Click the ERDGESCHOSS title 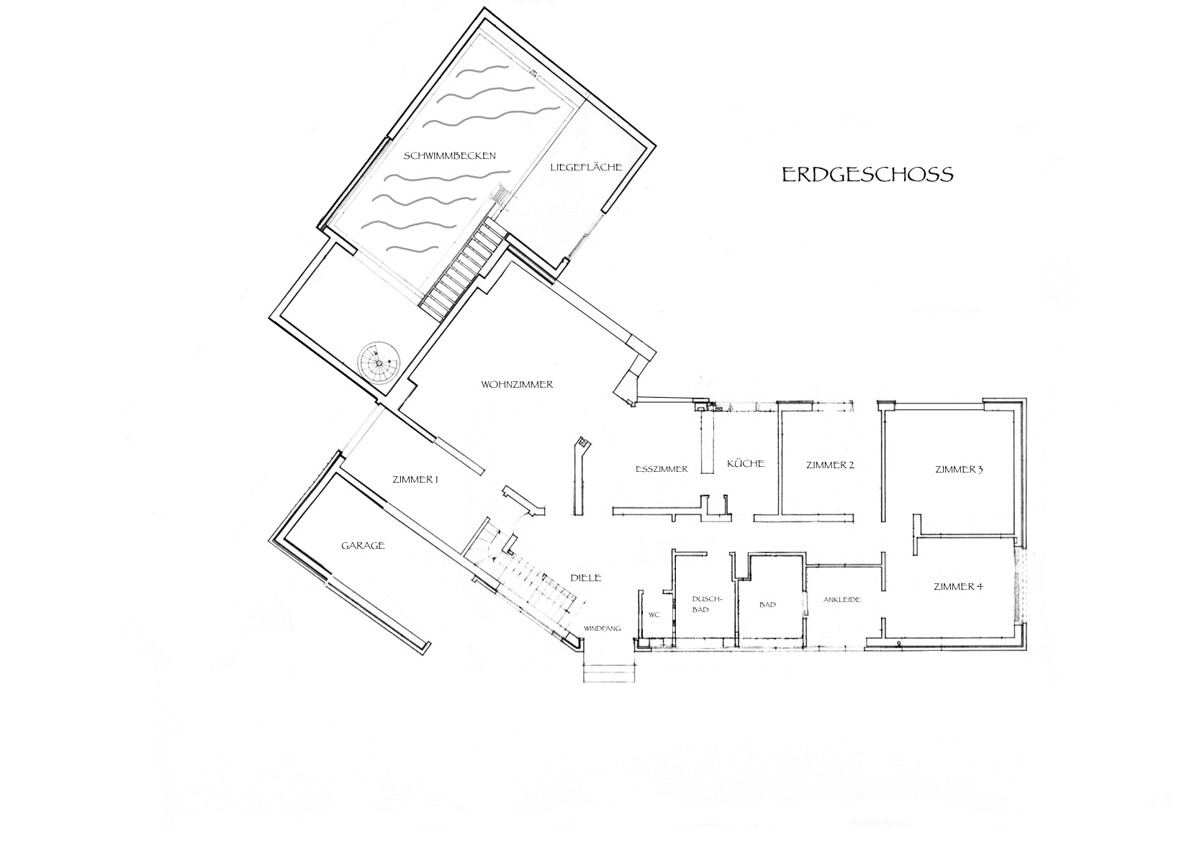(867, 175)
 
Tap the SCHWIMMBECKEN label (450, 156)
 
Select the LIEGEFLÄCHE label (586, 167)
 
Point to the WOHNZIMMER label (517, 384)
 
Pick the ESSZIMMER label (661, 468)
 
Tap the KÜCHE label (746, 464)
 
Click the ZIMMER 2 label (829, 465)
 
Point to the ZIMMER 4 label (957, 586)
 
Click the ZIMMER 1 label (416, 481)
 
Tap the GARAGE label (363, 546)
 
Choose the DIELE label (584, 578)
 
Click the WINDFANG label (602, 628)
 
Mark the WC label (655, 615)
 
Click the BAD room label (767, 605)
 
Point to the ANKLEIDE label (842, 600)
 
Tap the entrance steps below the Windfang (610, 672)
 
